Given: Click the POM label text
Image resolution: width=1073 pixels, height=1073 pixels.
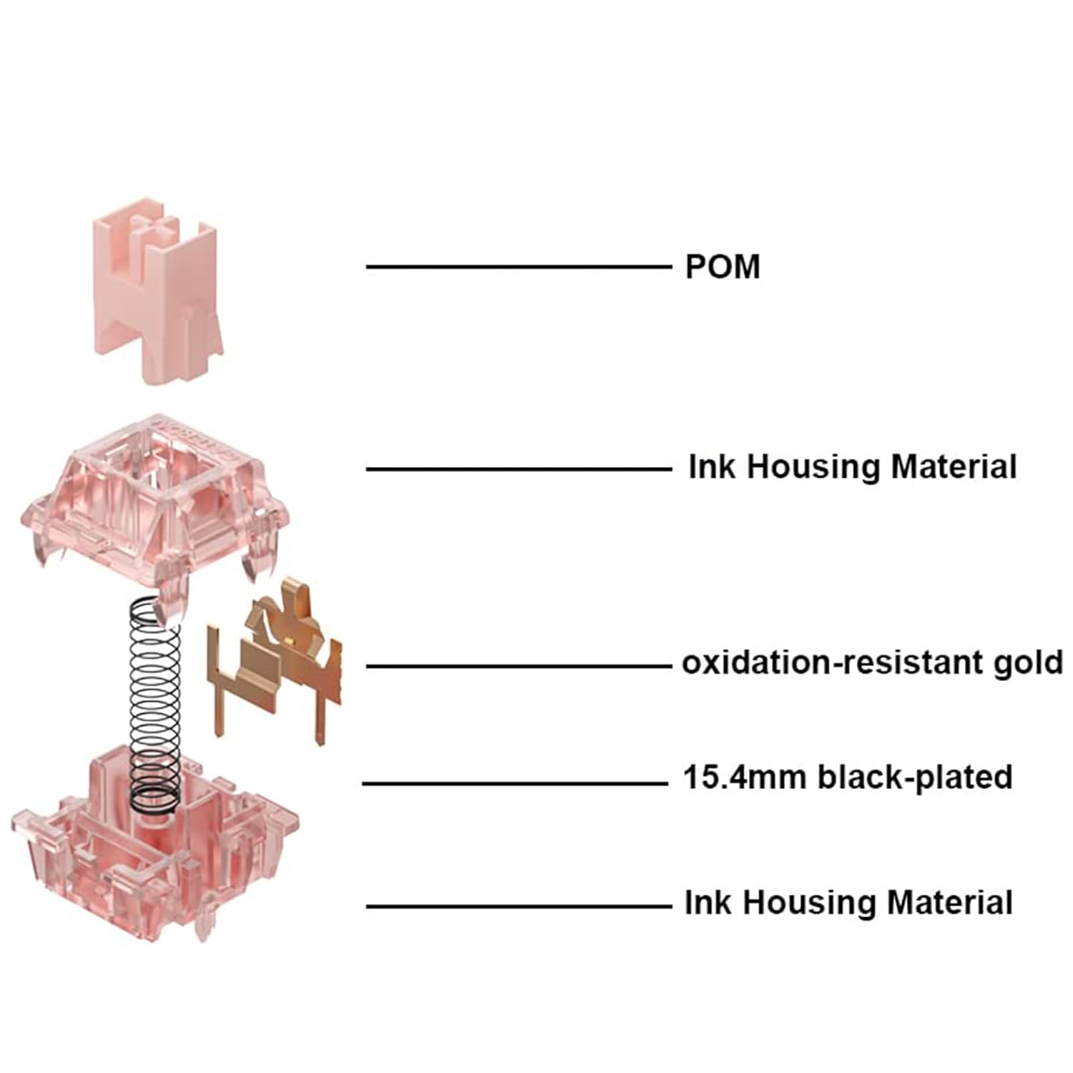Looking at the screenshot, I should click(722, 267).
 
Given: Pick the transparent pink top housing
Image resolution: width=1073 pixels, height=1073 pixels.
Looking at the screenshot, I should click(154, 494).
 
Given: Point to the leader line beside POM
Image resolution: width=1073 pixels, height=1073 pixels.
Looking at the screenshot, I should click(519, 267).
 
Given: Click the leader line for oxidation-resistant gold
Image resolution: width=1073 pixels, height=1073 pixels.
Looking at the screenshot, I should click(519, 666).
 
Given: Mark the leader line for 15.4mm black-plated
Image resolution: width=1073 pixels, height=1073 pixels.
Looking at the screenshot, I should click(515, 783).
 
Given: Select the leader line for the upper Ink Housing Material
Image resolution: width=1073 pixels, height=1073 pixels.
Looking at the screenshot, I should click(519, 469).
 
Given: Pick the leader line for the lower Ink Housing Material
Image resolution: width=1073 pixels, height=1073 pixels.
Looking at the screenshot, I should click(519, 906).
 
